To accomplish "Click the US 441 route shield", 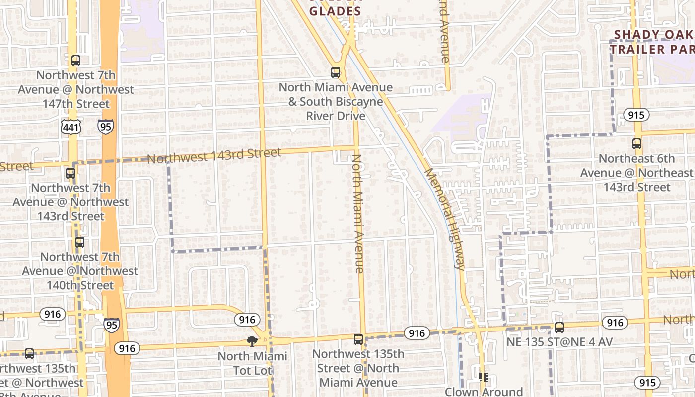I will (69, 128).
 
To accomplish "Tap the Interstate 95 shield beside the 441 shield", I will (105, 126).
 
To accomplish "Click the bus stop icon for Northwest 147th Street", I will (75, 61).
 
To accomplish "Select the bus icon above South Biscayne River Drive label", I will (336, 72).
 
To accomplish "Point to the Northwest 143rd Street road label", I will (214, 156).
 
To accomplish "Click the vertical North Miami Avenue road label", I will (358, 213).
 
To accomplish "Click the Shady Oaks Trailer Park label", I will (652, 42).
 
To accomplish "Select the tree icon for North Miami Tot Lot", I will (252, 341).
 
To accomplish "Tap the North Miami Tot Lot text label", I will (252, 363).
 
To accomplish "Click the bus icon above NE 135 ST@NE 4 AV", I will (559, 328).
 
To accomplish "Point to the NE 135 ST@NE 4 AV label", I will (559, 342).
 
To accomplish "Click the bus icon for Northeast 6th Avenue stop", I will (637, 144).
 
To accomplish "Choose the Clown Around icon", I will (484, 377).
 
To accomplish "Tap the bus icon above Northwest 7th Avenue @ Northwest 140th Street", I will (79, 242).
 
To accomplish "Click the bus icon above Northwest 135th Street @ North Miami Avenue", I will (358, 339).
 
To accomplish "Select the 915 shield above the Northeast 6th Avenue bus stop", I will (635, 115).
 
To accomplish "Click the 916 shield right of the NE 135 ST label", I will (615, 323).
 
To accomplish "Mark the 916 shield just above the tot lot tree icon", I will (247, 320).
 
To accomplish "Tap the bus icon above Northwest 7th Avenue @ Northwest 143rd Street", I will (70, 173).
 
